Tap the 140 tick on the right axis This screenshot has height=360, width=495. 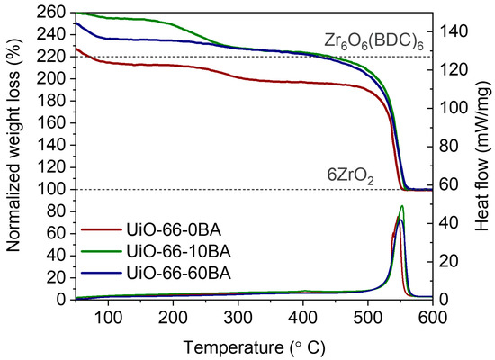454,31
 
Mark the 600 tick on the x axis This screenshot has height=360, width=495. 433,317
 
